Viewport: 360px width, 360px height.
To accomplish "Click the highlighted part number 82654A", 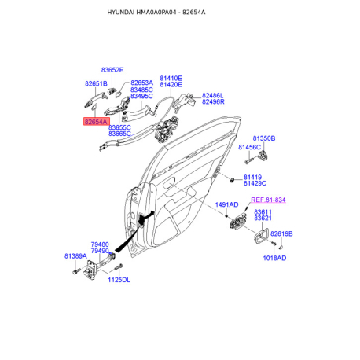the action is pos(97,122).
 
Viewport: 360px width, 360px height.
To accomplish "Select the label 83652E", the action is pos(112,70).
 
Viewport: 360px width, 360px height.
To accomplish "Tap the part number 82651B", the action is pos(96,83).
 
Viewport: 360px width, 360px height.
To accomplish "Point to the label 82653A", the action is pos(141,83).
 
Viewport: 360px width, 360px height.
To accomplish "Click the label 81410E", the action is pos(171,78).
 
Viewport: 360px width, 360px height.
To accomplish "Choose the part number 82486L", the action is pos(212,95).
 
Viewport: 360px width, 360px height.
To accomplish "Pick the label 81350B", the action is pos(264,138).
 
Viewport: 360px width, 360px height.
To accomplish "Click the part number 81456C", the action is pos(249,147).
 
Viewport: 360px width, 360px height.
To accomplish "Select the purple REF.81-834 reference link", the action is pos(268,200).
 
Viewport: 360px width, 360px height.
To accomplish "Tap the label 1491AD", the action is pos(227,204).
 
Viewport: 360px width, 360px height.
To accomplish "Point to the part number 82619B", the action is pos(281,233).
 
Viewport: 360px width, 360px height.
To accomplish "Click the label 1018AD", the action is pos(274,258).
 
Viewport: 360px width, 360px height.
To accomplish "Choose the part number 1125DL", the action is pos(119,280).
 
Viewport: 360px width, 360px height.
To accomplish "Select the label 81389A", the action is pos(75,256).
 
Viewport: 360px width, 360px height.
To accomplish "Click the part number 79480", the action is pos(100,244).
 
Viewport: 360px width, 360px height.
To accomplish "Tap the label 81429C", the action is pos(255,183).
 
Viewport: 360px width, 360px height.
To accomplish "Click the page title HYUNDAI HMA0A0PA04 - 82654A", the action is pos(156,13).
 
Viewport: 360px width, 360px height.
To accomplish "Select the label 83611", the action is pos(263,211).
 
